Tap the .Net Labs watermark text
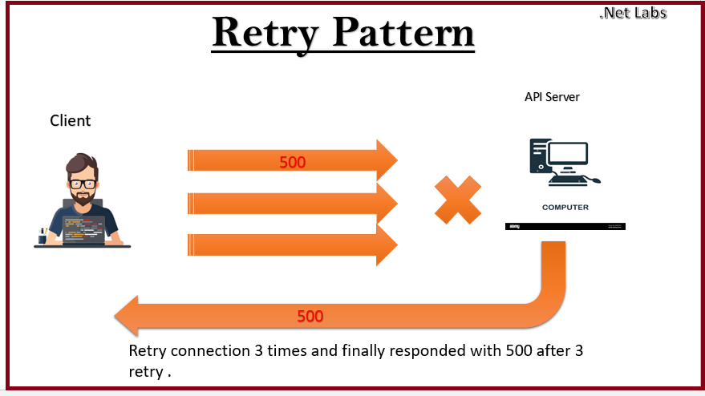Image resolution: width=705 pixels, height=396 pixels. [x=632, y=12]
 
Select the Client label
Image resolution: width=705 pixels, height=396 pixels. [x=71, y=121]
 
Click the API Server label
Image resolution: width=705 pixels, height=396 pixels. [x=552, y=97]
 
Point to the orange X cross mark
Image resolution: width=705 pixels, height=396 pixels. [x=458, y=200]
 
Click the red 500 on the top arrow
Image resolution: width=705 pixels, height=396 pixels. [x=292, y=162]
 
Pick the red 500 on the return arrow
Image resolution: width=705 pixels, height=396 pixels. [x=310, y=316]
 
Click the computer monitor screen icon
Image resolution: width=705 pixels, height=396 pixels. [x=568, y=153]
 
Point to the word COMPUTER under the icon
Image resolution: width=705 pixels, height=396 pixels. [x=565, y=208]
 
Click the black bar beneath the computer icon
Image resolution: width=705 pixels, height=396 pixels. [x=565, y=227]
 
